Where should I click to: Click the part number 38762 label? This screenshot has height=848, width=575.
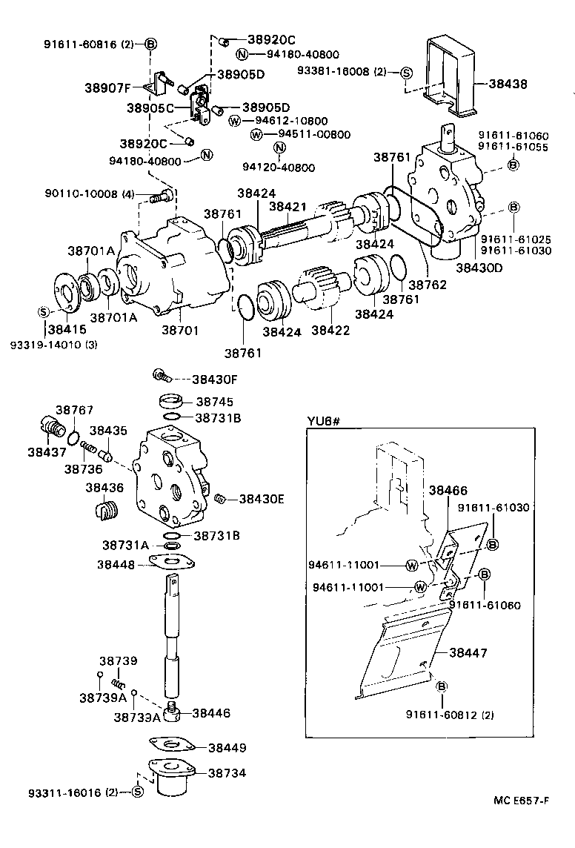point(428,284)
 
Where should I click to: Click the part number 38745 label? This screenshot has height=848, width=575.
point(213,401)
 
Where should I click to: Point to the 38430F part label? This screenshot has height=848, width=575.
point(214,379)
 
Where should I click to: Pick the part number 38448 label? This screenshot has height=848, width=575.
point(116,564)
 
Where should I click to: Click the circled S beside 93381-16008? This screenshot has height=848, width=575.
point(405,72)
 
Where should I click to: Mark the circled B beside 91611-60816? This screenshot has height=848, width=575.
point(150,44)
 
